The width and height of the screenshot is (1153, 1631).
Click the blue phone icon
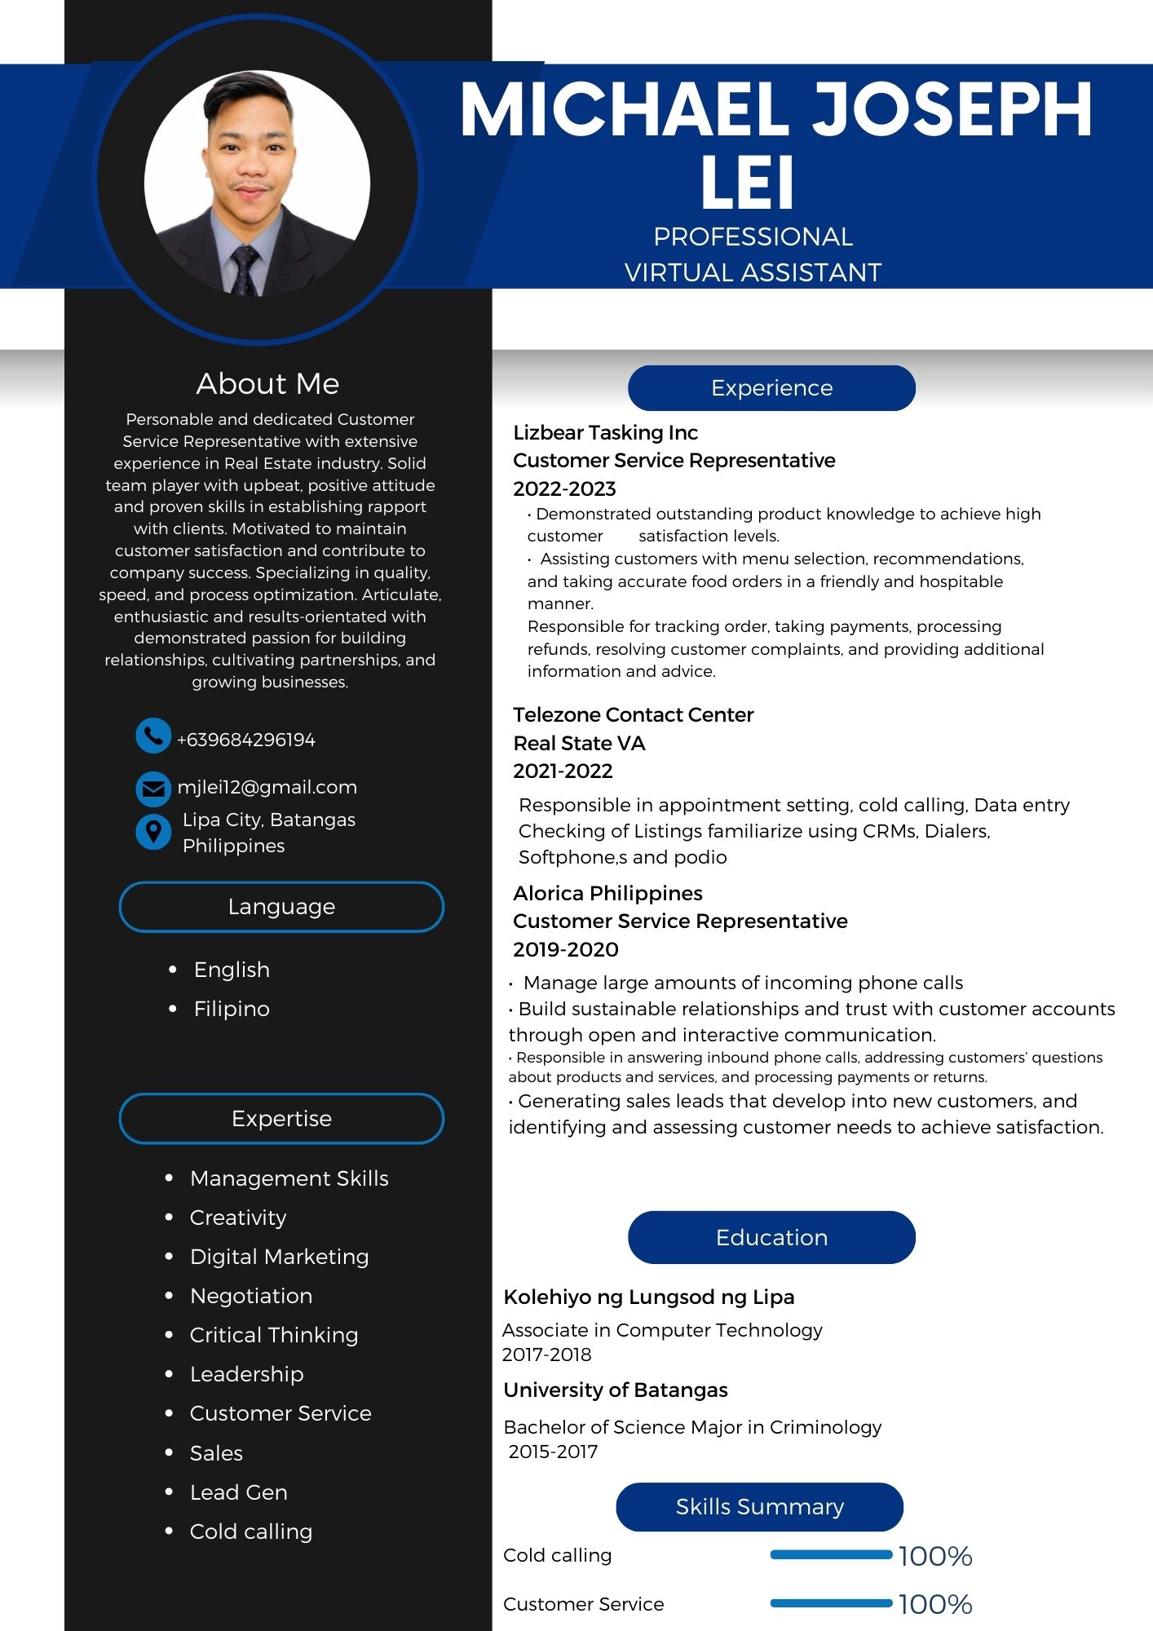(152, 736)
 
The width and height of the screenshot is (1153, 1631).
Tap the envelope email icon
(152, 789)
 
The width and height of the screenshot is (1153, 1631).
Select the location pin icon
(152, 832)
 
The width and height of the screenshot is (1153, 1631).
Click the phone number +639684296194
(245, 740)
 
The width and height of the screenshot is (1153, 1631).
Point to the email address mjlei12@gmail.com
(267, 787)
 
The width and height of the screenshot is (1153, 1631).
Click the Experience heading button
(771, 388)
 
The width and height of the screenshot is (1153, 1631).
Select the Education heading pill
(771, 1237)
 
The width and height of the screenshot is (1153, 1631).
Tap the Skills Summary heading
(759, 1506)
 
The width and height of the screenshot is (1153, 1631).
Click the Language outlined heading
(281, 906)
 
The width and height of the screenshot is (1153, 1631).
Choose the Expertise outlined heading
(281, 1118)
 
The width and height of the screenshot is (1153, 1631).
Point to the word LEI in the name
(747, 183)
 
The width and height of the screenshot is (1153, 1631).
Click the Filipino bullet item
(232, 1009)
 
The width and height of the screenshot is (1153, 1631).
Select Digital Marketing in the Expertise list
(279, 1257)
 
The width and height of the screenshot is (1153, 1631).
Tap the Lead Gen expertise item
(238, 1492)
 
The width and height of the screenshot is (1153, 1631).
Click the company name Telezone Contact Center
(633, 714)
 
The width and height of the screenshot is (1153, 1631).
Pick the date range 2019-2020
(565, 949)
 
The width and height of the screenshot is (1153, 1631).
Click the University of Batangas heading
(615, 1390)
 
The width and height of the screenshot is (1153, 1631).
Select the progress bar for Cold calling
(831, 1555)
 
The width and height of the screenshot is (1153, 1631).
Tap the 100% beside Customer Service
(935, 1604)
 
